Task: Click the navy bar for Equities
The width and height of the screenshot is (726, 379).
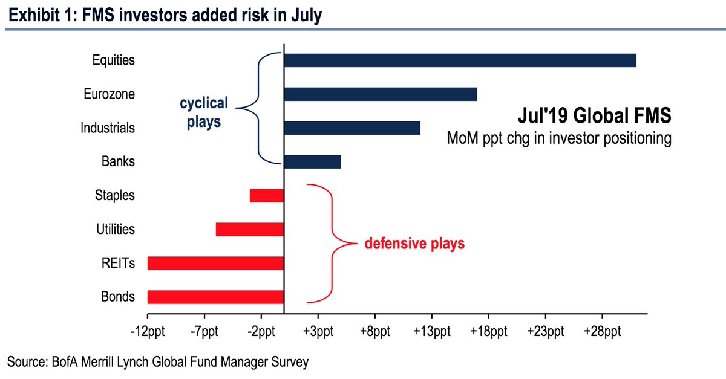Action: coord(460,60)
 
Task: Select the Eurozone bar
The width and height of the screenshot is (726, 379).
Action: coord(380,94)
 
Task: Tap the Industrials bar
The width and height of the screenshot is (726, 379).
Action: coord(352,128)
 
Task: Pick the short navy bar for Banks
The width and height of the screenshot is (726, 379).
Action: coord(312,162)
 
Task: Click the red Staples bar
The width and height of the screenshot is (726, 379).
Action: coord(267,196)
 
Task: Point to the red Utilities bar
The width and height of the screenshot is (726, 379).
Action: coord(250,230)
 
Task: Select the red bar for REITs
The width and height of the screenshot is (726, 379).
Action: coord(215,263)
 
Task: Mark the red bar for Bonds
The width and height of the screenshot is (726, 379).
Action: coord(215,297)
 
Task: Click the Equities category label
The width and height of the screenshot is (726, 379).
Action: coord(114,60)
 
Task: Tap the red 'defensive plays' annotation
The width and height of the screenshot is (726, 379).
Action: coord(414,244)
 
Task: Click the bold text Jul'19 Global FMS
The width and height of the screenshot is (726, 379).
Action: coord(595,115)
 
